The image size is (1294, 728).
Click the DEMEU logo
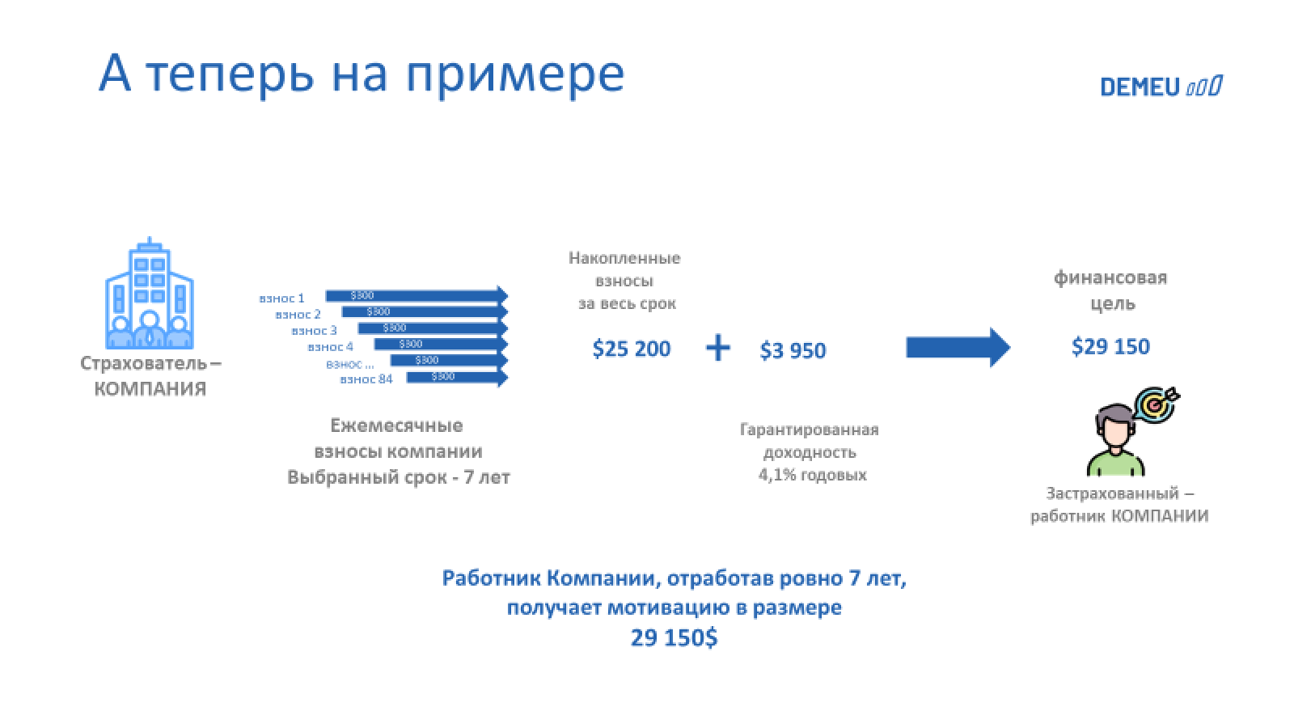point(1161,87)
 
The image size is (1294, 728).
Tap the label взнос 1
point(281,298)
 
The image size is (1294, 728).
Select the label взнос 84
point(366,379)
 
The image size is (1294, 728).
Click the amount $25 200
point(632,349)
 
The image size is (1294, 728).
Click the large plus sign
point(717,349)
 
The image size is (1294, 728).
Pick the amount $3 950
point(793,351)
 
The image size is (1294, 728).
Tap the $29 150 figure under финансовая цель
point(1110,347)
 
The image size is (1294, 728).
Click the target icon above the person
point(1157,403)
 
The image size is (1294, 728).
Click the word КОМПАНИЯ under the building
point(150,389)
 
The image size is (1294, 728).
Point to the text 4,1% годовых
point(812,475)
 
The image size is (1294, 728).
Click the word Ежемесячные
point(396,425)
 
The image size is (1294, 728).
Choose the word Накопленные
point(624,259)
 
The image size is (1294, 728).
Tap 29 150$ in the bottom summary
point(674,638)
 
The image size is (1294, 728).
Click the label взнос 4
point(330,347)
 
